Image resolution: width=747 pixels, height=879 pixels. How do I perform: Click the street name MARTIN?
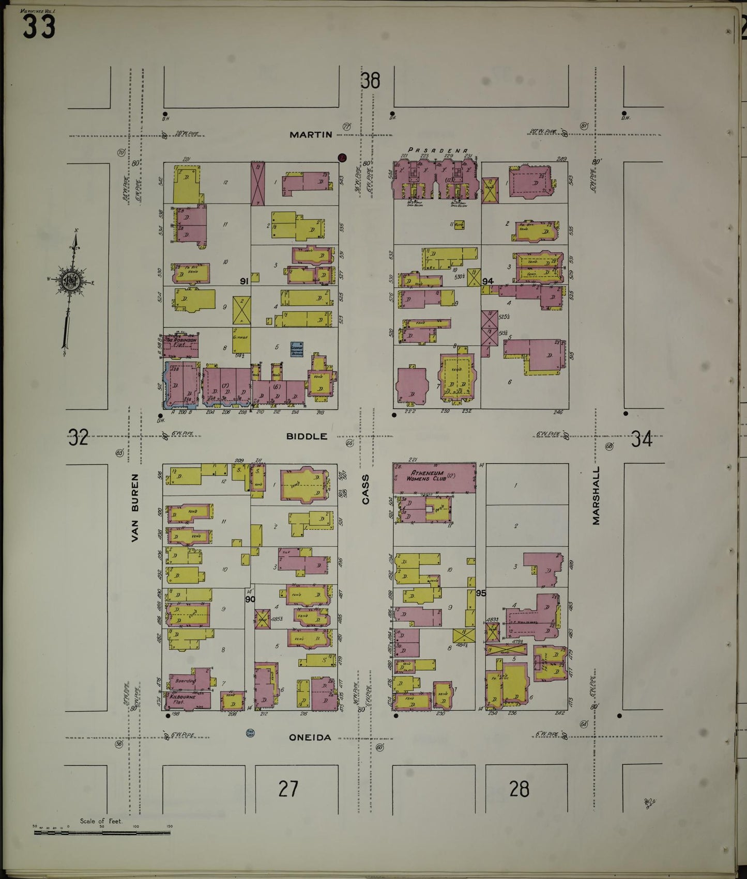point(311,135)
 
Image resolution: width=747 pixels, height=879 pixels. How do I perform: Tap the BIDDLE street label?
point(307,436)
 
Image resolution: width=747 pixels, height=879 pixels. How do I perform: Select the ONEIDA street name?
point(310,737)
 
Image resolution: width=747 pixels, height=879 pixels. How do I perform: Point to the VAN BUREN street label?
point(135,508)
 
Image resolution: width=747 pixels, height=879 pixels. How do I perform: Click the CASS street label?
point(366,490)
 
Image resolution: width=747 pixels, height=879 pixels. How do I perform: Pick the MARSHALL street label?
point(597,496)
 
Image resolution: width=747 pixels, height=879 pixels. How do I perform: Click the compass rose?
point(69,282)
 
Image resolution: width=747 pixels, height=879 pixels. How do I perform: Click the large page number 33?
point(39,27)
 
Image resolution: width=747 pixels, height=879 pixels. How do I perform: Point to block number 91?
point(245,281)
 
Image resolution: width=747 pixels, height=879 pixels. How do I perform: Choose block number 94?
point(488,281)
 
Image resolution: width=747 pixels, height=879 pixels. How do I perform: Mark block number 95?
point(481,593)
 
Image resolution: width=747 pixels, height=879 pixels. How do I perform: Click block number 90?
point(250,599)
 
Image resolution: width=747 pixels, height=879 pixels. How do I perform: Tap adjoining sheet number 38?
point(370,81)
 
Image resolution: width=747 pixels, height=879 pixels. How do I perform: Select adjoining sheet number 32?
point(78,437)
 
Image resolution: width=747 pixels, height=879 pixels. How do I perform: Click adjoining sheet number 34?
point(642,439)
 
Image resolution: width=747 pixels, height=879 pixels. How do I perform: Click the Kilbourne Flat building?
point(184,698)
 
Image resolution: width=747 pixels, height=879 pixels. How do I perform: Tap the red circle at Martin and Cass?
point(342,158)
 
